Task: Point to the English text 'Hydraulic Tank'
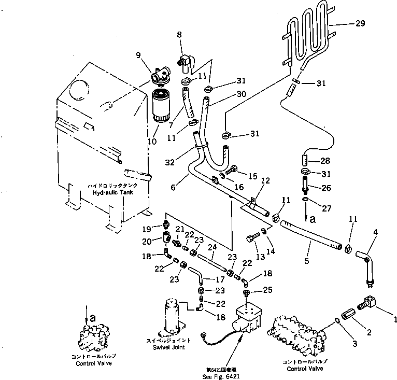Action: [112, 192]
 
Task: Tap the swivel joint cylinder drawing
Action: [173, 316]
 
